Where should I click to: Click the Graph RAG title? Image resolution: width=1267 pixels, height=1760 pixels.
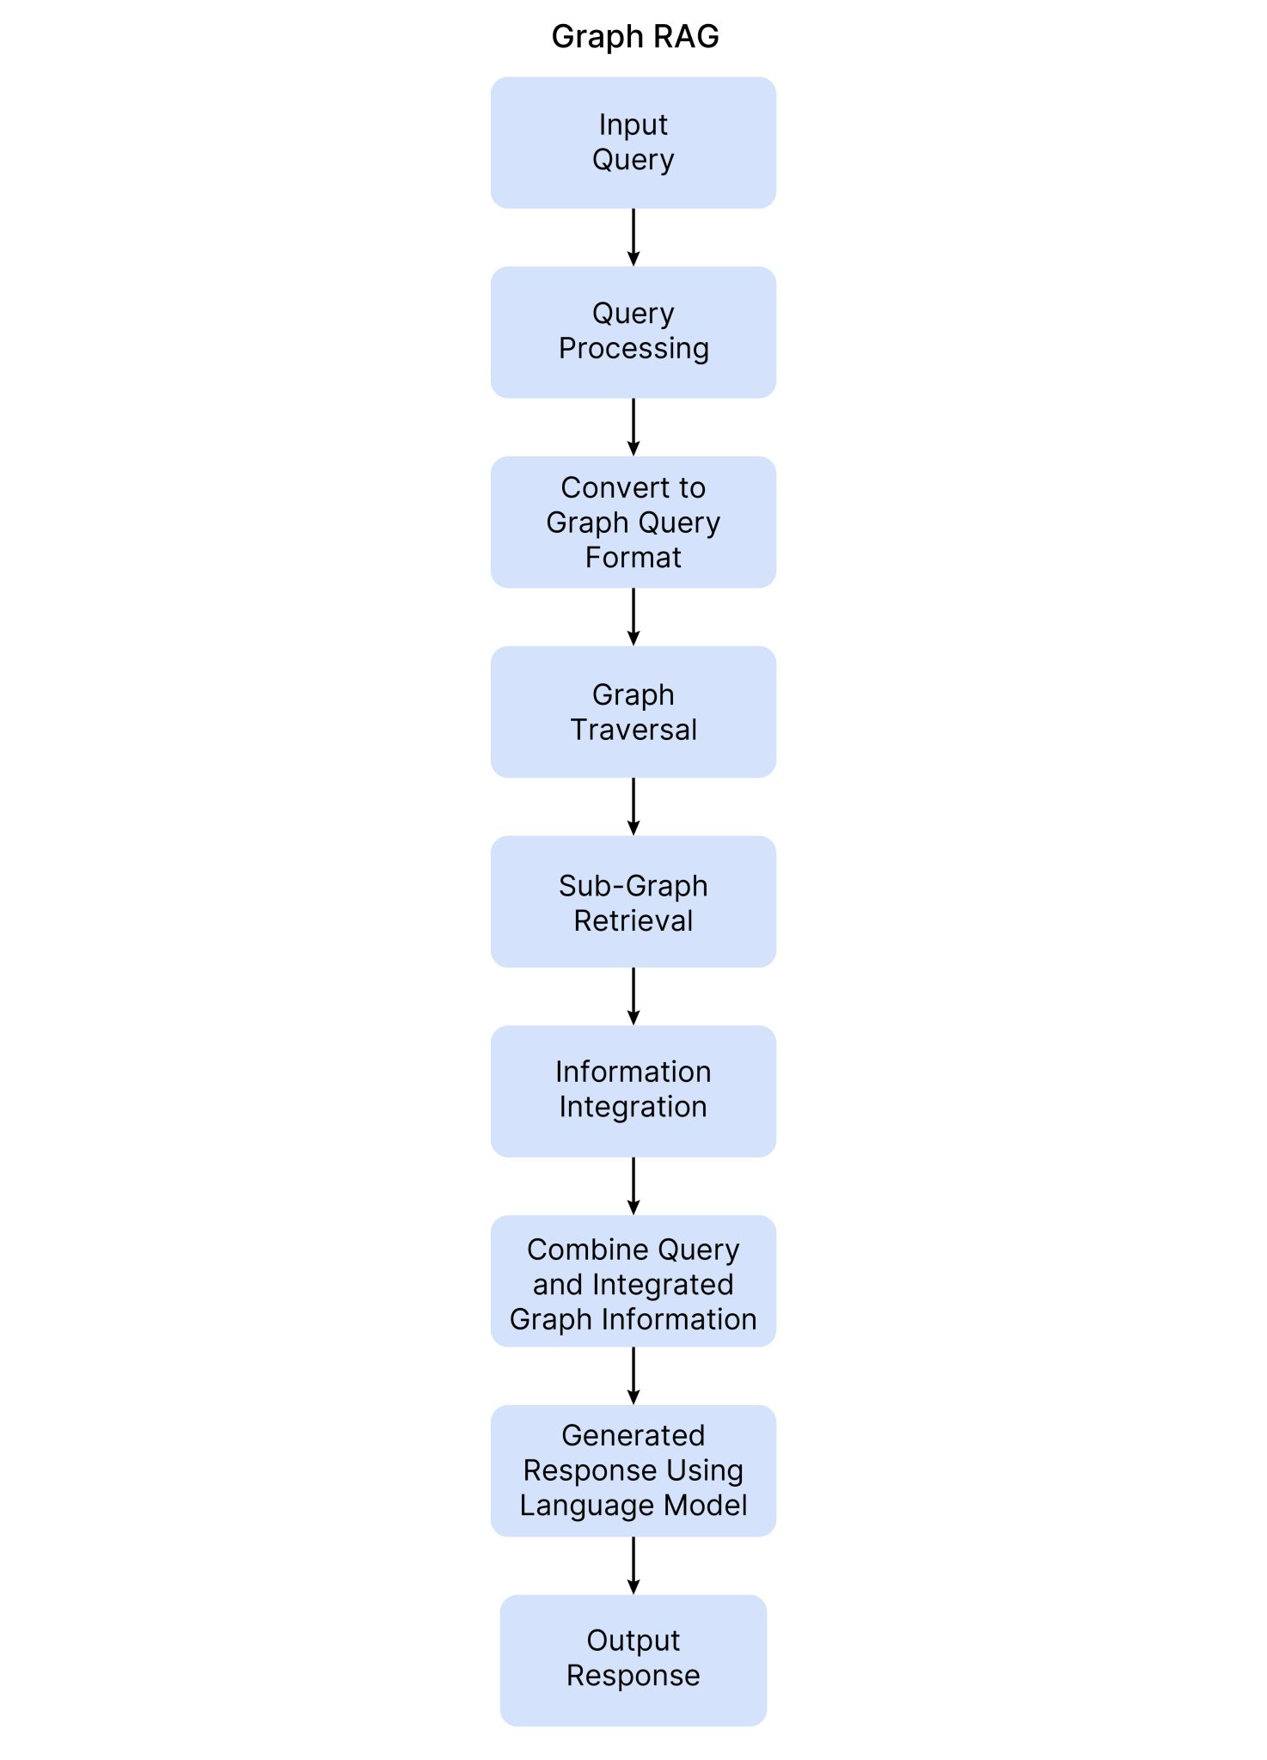[634, 37]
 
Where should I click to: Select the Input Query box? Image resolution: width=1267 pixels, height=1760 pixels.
[633, 143]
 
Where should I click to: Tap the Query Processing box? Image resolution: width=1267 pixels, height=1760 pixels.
[633, 332]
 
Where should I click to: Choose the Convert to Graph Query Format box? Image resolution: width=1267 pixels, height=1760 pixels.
[633, 522]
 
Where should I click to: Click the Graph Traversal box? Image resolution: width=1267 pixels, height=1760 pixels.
[633, 712]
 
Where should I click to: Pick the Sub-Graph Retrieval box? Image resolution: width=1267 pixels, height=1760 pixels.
[633, 901]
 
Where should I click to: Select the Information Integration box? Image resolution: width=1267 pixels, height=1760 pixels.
[633, 1091]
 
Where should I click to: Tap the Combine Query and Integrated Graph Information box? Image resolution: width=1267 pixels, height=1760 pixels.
[633, 1281]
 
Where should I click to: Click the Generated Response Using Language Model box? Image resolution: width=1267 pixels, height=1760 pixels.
[633, 1470]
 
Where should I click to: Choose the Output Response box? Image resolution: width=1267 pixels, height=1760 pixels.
[633, 1659]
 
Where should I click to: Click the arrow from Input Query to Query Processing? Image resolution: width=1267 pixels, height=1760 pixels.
[633, 237]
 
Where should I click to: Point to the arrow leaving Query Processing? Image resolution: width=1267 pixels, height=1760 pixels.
[633, 427]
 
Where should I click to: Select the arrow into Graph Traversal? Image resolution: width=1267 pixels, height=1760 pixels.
[633, 617]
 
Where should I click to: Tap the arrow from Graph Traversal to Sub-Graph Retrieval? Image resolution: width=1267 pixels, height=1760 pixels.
[633, 807]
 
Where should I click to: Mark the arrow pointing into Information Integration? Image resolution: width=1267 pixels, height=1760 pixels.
[633, 996]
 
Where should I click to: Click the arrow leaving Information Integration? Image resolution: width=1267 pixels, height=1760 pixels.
[633, 1186]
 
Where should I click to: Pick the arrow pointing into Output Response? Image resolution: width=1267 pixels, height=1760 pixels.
[633, 1565]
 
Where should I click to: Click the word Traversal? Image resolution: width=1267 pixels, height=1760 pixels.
[633, 730]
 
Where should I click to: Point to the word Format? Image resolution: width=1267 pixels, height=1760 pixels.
[633, 558]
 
